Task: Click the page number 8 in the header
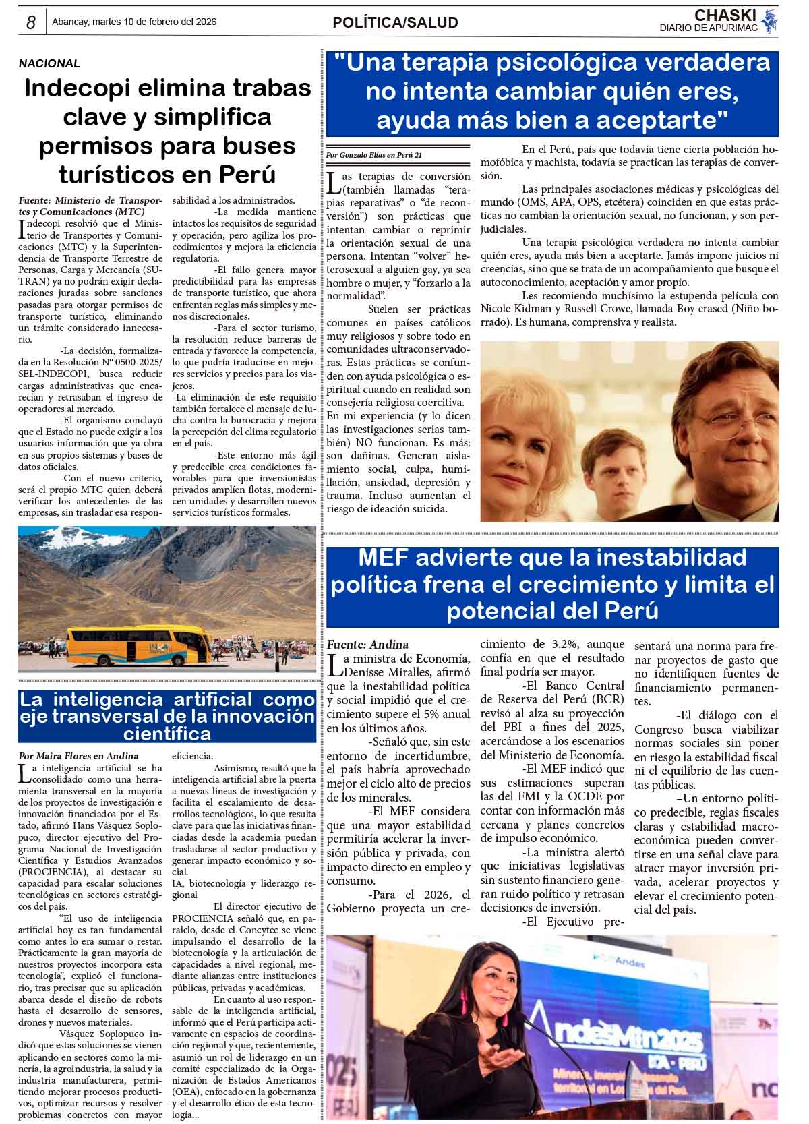[x=31, y=22]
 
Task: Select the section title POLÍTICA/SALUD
[x=395, y=23]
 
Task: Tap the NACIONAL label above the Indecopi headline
[x=49, y=64]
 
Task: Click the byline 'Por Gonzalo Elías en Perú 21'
[x=374, y=155]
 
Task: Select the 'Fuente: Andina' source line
[x=367, y=645]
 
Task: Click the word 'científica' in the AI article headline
[x=167, y=733]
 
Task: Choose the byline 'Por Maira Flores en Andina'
[x=78, y=756]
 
